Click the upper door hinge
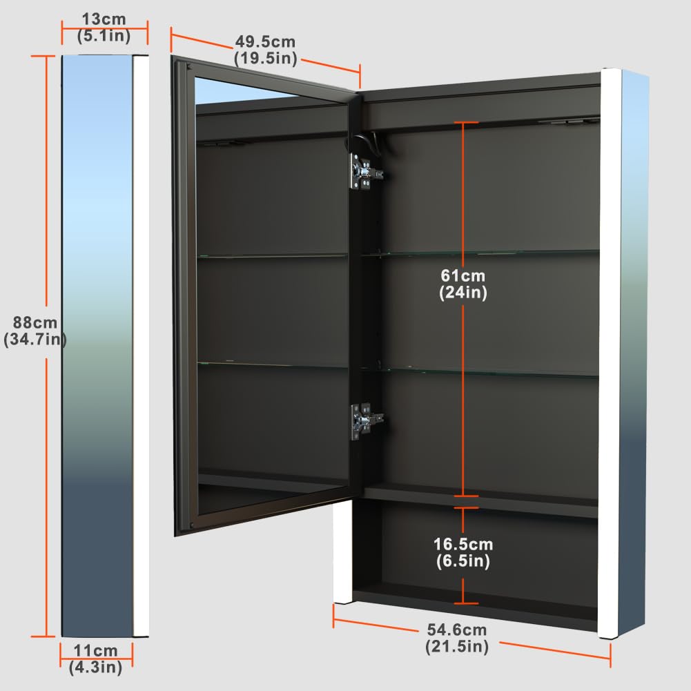365,171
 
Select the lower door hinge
366,421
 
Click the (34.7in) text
35,340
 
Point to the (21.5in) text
457,647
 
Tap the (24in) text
463,293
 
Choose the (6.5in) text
463,561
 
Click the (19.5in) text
265,58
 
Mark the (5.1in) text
104,36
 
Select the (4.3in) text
96,668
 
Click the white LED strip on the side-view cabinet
141,346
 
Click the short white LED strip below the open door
342,552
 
